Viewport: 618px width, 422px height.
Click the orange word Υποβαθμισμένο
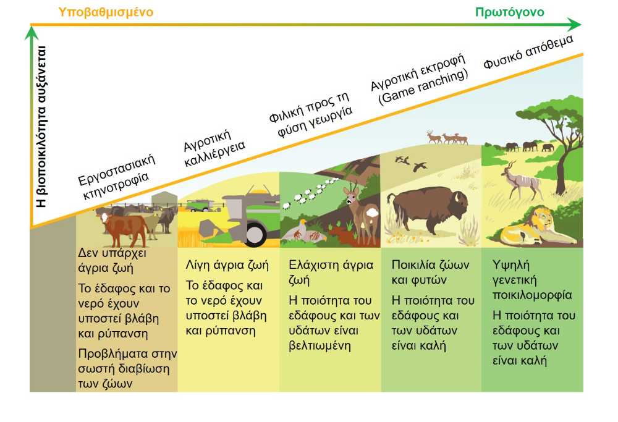pos(106,12)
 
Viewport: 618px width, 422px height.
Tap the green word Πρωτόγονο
pos(510,12)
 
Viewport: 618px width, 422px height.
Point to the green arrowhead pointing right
pos(574,25)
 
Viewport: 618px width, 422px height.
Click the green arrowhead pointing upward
pos(31,33)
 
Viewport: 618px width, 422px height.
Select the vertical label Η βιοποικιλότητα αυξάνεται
pos(41,127)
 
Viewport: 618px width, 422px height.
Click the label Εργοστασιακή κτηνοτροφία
pos(116,177)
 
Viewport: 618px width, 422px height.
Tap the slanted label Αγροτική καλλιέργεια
pos(214,148)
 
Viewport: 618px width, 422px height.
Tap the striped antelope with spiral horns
pos(520,180)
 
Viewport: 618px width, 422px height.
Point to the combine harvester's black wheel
pos(255,234)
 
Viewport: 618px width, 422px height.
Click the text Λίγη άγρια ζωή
pos(227,265)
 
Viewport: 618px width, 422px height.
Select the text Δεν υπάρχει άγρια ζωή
pos(112,260)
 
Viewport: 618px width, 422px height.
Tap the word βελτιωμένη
pos(320,346)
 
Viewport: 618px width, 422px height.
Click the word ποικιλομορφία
pos(532,295)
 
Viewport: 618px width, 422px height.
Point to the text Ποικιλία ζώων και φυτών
pos(430,272)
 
